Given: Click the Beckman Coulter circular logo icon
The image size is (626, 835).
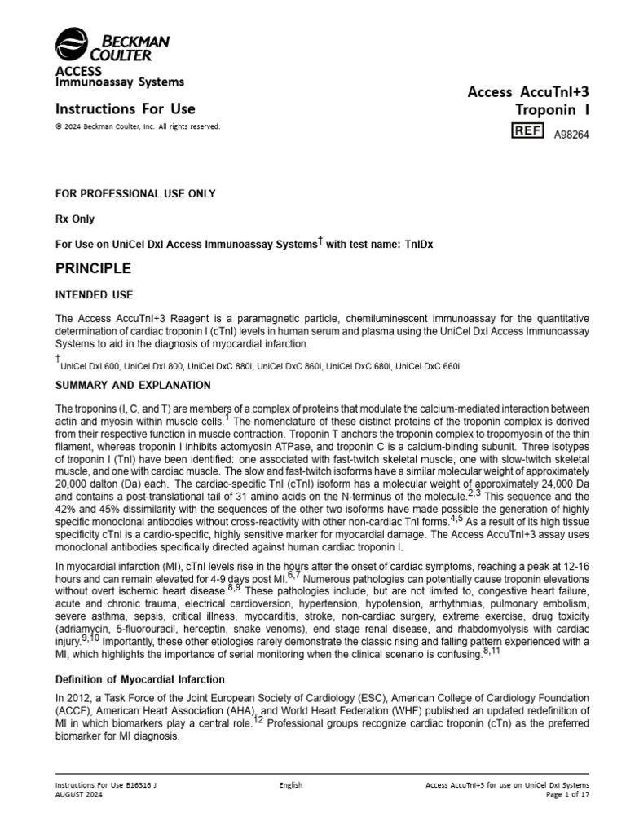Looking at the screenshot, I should [x=71, y=46].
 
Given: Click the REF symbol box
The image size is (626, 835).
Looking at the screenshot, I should [x=527, y=131].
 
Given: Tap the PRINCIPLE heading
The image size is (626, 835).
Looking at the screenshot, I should [x=93, y=268].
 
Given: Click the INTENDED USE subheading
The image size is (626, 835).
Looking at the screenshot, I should [x=95, y=294].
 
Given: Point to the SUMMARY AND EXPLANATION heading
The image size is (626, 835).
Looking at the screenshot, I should [x=133, y=385].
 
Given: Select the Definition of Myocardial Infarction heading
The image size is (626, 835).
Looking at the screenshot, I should [x=139, y=680].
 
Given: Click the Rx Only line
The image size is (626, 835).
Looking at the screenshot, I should [x=75, y=219].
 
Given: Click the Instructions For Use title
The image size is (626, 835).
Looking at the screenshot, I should [x=125, y=108].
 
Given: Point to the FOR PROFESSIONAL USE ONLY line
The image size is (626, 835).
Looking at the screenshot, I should [x=135, y=194].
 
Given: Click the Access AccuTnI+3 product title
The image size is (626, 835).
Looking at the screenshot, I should [x=527, y=93].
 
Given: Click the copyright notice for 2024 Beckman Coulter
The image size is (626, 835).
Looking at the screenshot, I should [x=137, y=126].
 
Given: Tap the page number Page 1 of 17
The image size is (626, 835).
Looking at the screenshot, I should [x=566, y=795].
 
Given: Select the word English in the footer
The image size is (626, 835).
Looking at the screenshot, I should [x=291, y=785].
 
